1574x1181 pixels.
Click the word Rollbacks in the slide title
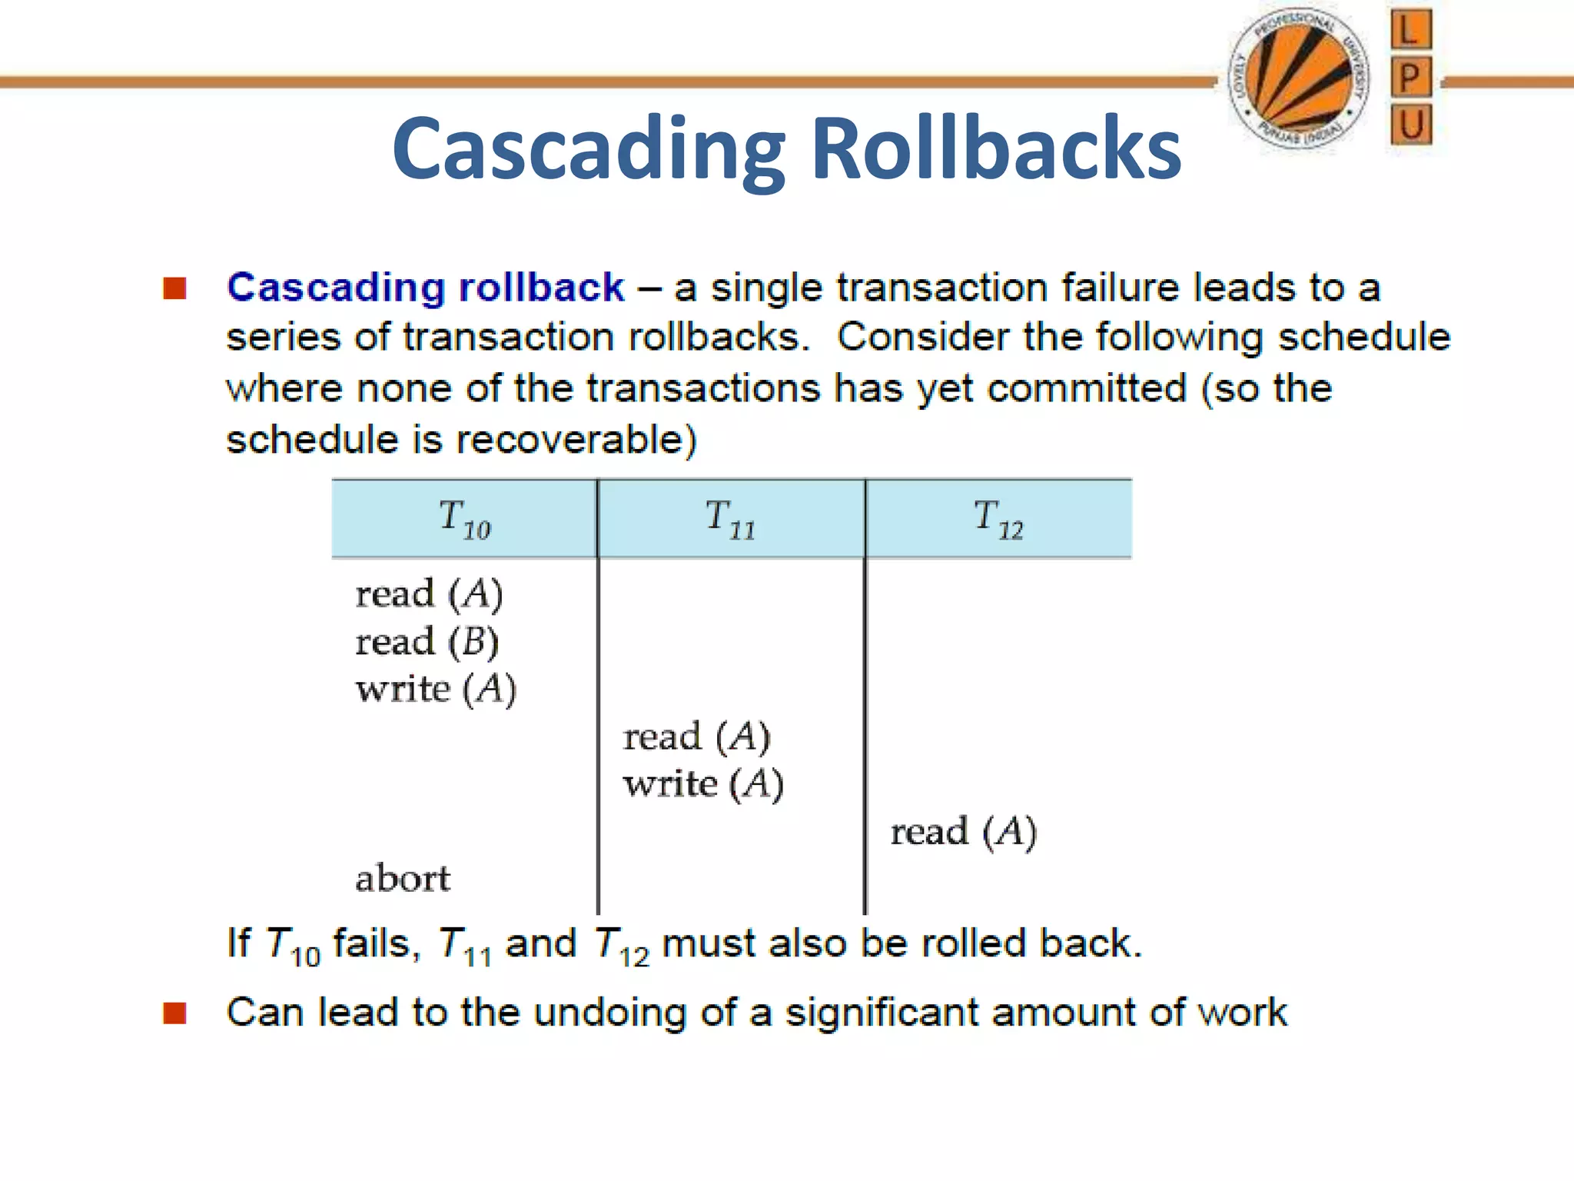coord(996,148)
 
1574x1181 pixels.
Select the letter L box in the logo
coord(1410,31)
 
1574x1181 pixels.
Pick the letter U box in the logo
coord(1411,125)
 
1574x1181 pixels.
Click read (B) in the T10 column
coord(427,641)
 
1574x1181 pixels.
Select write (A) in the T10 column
coord(435,689)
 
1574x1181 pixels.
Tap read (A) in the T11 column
coord(696,737)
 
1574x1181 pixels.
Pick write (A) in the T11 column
coord(702,784)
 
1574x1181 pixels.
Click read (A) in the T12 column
coord(963,832)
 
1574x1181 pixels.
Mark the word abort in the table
coord(403,878)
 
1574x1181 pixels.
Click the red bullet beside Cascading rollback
coord(175,288)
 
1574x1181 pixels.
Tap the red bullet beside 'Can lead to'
coord(175,1013)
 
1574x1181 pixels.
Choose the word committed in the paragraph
coord(1087,388)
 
